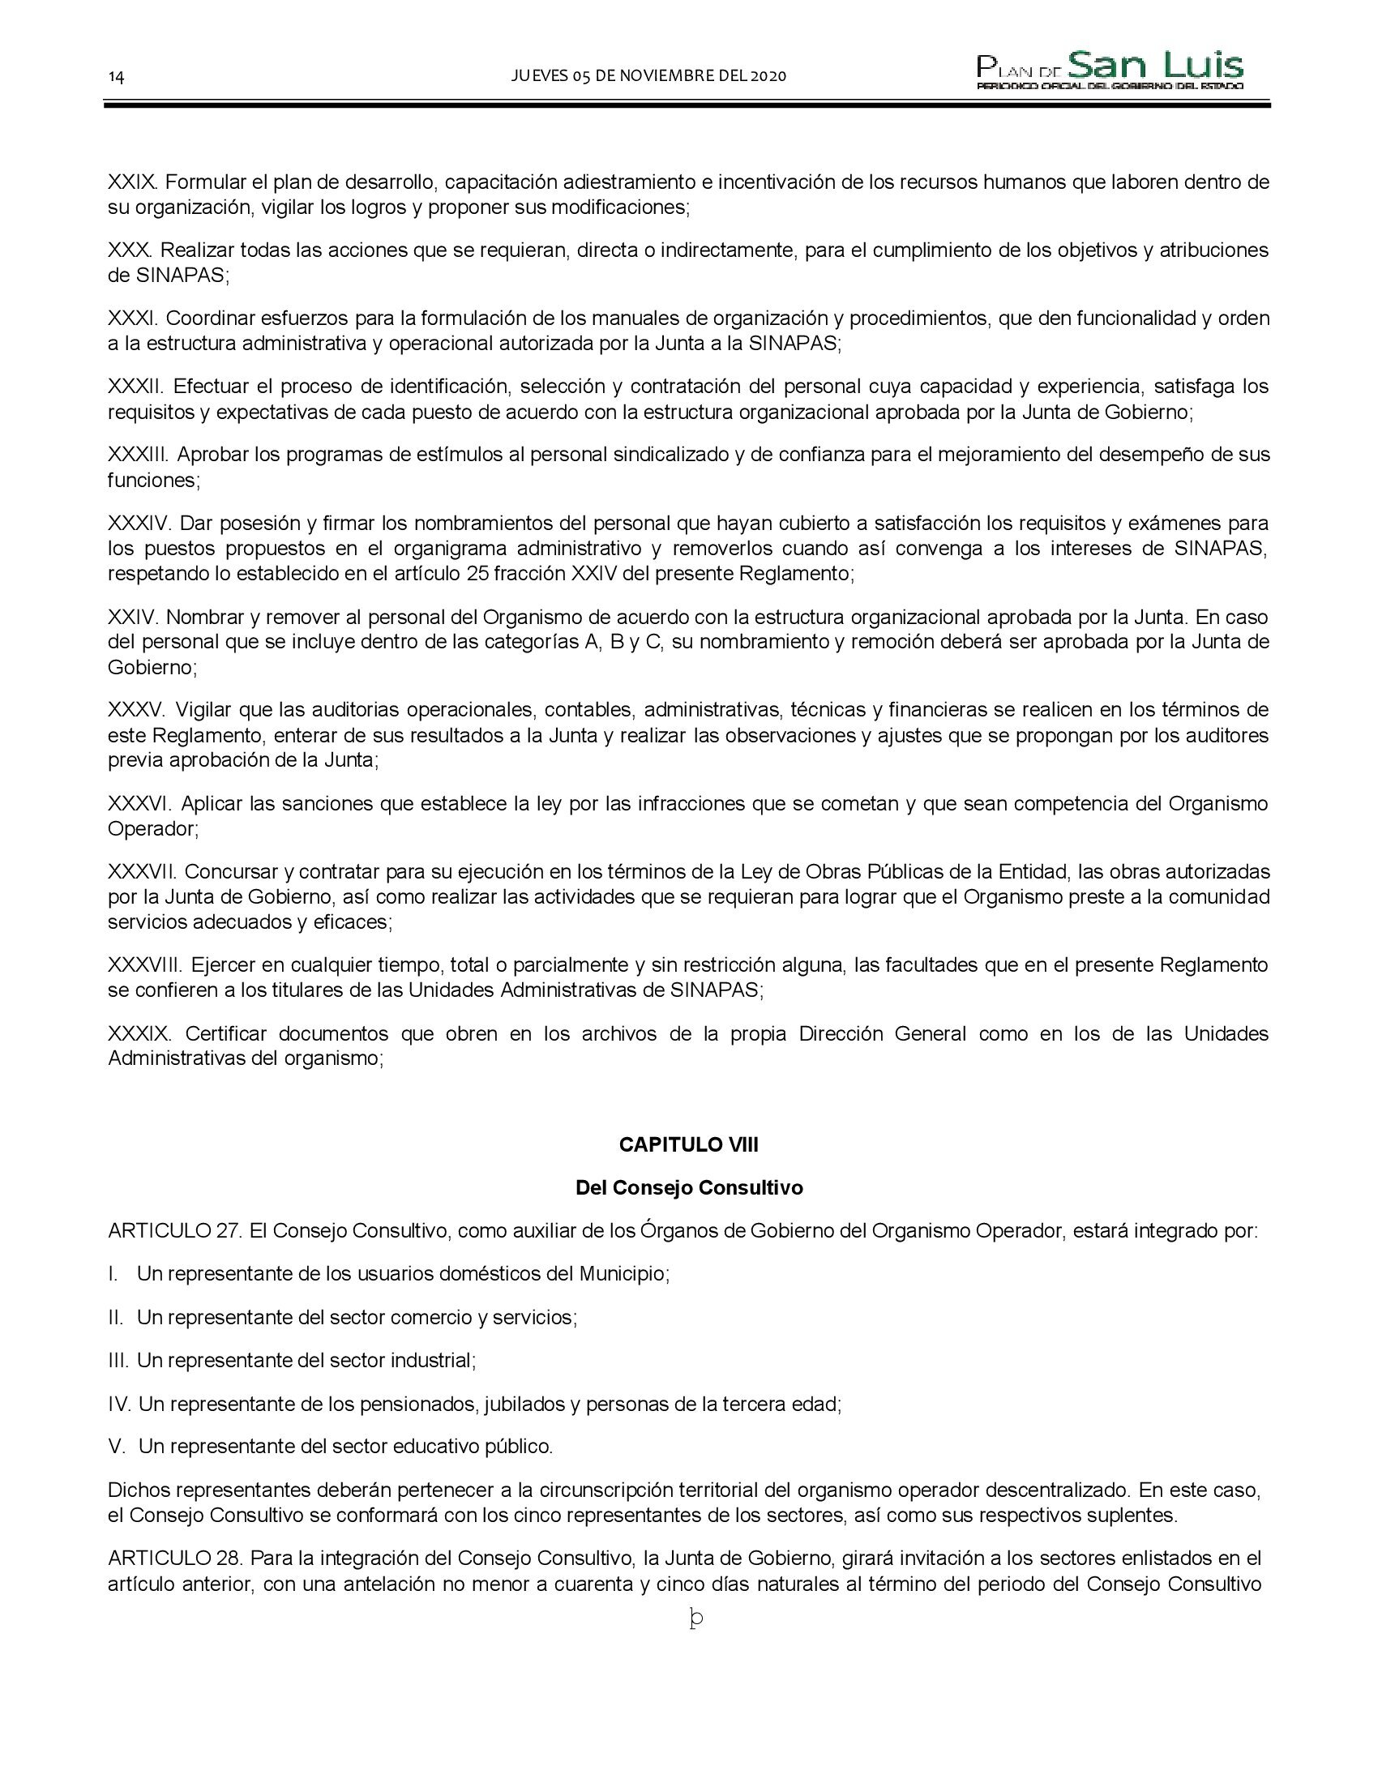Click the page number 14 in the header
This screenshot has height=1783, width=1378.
(x=116, y=77)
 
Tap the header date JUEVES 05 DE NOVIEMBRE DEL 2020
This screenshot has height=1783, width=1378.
(x=648, y=76)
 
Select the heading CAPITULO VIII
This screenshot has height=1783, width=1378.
(x=688, y=1144)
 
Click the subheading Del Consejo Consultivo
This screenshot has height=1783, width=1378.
(x=688, y=1187)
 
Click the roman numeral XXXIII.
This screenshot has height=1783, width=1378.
(x=138, y=454)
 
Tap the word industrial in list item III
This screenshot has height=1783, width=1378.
(x=432, y=1360)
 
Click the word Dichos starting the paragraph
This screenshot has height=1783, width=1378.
(x=133, y=1490)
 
